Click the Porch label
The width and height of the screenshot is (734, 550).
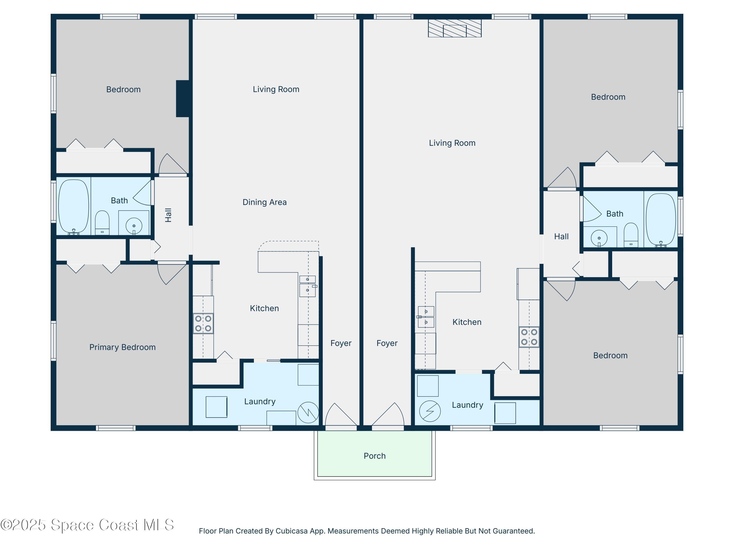click(374, 456)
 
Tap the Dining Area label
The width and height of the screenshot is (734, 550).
click(264, 202)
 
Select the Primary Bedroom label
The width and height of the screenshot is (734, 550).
click(122, 347)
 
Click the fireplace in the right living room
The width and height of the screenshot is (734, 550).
click(455, 28)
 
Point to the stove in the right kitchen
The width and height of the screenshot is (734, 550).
click(529, 337)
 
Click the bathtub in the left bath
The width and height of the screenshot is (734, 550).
click(74, 207)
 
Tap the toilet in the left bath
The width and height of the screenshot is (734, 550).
click(102, 222)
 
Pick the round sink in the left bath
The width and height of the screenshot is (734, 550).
click(134, 226)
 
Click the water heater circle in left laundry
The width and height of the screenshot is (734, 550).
click(308, 412)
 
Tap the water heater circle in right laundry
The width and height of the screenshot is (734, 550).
click(430, 411)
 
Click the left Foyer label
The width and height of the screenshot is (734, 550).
click(341, 343)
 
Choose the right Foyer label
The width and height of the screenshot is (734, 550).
click(387, 343)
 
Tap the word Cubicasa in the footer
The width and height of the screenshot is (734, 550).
click(291, 531)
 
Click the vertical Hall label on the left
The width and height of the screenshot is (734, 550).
click(168, 215)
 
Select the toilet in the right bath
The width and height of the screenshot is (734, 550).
click(631, 235)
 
